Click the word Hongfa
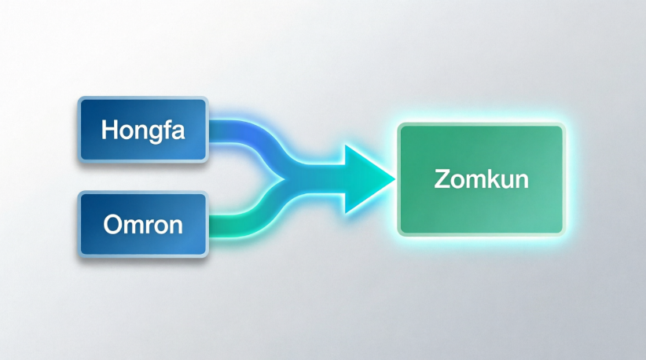[x=143, y=131]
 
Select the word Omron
[x=143, y=225]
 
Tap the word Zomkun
[x=481, y=179]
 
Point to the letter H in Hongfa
[x=109, y=130]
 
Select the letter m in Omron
[x=135, y=227]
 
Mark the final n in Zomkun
[x=522, y=182]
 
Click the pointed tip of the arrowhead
[x=395, y=178]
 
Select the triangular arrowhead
[x=367, y=179]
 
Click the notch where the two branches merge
[x=284, y=179]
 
